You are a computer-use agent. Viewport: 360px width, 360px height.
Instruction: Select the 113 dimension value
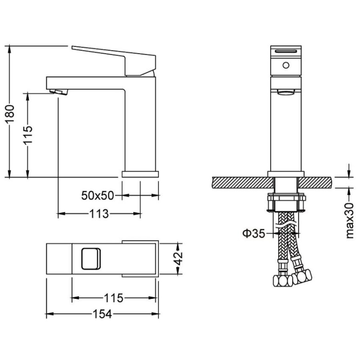click(99, 214)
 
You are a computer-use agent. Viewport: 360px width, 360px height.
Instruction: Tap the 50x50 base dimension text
click(98, 196)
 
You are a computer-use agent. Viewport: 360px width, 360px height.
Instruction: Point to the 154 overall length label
click(102, 314)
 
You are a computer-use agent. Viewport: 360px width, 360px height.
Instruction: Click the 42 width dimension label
click(178, 258)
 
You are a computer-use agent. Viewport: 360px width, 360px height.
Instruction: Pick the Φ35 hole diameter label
click(254, 234)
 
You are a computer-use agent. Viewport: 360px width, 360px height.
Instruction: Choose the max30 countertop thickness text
click(350, 220)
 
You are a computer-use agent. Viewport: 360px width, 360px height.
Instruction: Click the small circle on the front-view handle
click(286, 66)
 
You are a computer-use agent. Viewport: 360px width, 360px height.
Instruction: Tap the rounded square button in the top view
click(91, 258)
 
